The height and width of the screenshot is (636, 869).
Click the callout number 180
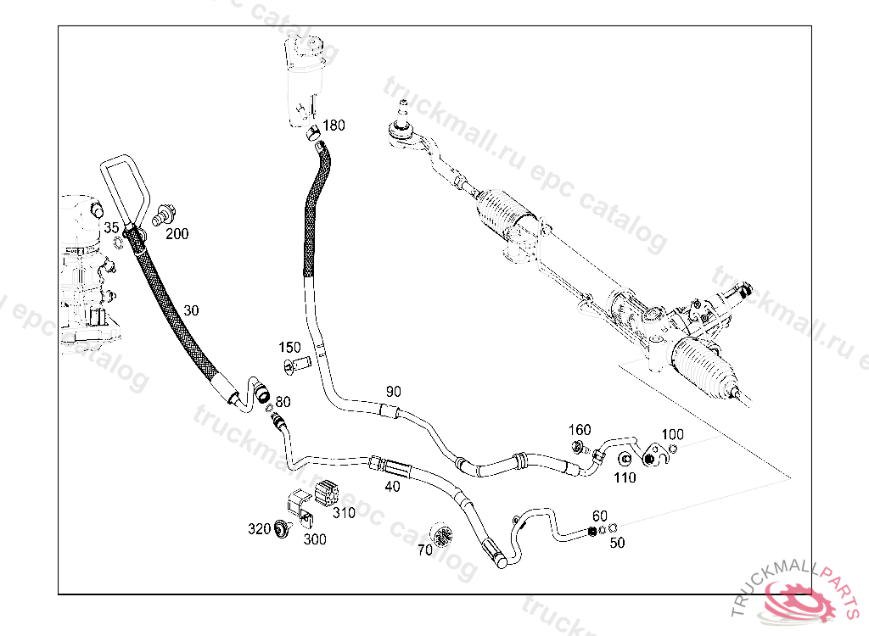coord(334,126)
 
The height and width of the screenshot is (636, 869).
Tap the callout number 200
coord(177,234)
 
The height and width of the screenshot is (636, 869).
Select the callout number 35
coord(112,227)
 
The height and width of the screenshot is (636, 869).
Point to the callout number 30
coord(191,311)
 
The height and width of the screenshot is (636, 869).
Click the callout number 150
coord(290,348)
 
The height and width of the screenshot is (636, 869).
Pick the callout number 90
coord(393,392)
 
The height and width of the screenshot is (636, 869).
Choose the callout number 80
coord(283,401)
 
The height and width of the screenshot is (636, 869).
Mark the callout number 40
coord(392,486)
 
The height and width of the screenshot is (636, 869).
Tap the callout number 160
coord(580,430)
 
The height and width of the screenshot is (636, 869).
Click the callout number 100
coord(672,435)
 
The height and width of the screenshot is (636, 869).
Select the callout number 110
coord(625,477)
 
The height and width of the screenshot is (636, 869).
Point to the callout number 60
coord(600,516)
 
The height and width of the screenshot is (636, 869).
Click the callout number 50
coord(617,543)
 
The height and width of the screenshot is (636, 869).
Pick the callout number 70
coord(424,550)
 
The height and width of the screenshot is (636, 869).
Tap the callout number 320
coord(259,529)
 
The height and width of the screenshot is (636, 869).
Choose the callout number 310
coord(344,512)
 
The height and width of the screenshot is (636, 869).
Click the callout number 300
coord(314,538)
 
